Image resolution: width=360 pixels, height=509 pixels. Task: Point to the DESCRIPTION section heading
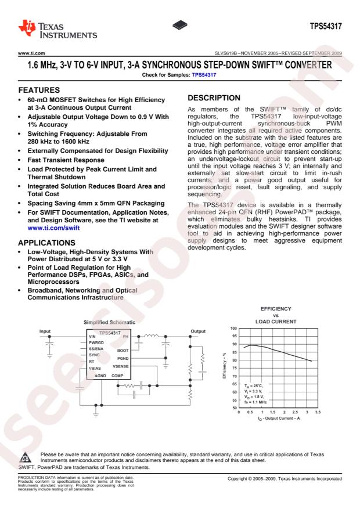coord(215,99)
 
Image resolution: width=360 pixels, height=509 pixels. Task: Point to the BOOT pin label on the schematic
coord(123,350)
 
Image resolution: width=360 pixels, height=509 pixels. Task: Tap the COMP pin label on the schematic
coord(118,376)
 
